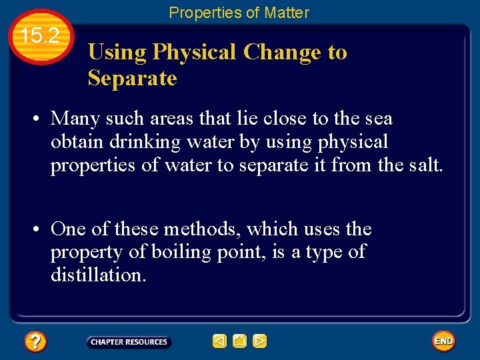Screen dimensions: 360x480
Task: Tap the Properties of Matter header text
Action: tap(239, 12)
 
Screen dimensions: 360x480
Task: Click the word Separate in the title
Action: tap(132, 78)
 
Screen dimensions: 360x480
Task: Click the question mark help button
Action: tap(35, 342)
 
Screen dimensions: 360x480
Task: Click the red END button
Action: tap(443, 341)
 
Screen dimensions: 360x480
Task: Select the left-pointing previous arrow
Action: tap(219, 341)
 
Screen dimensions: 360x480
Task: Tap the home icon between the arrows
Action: tap(239, 341)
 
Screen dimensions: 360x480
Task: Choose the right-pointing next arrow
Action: tap(260, 341)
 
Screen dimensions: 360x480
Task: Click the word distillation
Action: tap(98, 275)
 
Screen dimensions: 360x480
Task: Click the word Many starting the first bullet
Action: tap(75, 119)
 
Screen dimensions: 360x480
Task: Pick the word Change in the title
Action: tap(282, 52)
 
